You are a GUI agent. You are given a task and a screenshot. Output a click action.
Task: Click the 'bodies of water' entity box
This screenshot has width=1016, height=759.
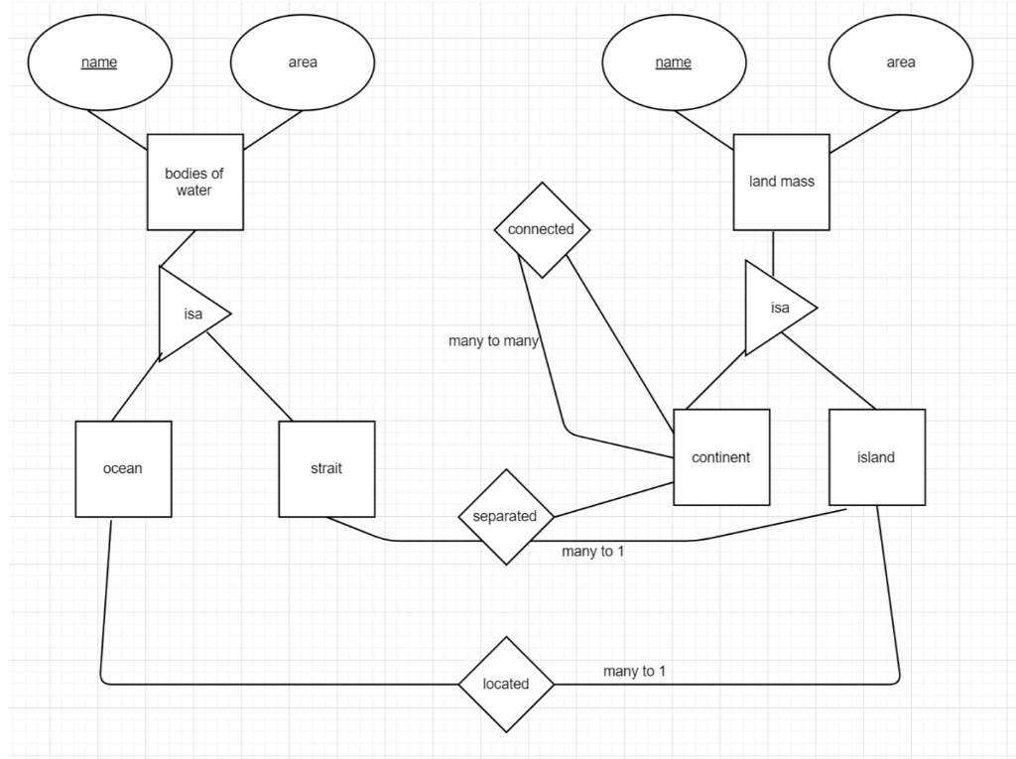(x=194, y=183)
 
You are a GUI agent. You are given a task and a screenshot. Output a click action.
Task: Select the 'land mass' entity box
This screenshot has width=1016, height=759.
(x=781, y=183)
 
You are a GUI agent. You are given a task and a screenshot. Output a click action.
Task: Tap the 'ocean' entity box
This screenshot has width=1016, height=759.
(x=123, y=468)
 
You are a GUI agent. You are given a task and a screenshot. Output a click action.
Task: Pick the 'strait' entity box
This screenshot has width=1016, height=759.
(x=326, y=468)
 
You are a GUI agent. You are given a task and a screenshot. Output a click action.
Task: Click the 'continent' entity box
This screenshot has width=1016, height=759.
(x=721, y=457)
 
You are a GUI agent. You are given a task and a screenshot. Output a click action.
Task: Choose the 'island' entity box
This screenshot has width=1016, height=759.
(x=876, y=457)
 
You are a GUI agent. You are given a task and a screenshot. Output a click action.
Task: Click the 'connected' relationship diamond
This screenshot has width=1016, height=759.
(x=541, y=229)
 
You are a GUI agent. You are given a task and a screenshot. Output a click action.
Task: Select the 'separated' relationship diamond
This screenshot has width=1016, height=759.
(x=505, y=516)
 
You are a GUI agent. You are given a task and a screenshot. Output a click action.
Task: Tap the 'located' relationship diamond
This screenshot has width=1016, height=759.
(x=505, y=684)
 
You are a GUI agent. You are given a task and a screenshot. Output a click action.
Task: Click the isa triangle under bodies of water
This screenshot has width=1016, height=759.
(x=190, y=314)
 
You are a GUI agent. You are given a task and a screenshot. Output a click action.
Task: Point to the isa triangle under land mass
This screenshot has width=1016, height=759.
(x=776, y=308)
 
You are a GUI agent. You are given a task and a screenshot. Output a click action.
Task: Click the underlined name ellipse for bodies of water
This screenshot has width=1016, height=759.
(x=99, y=63)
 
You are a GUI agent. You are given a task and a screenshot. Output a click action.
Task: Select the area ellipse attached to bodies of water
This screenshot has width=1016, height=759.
(x=303, y=63)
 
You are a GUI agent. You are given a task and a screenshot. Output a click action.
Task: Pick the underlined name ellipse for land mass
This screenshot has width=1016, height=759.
(x=674, y=63)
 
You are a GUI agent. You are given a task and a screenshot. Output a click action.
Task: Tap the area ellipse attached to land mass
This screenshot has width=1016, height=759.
(x=901, y=63)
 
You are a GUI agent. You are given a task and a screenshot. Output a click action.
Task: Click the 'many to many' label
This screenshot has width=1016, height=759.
(x=493, y=341)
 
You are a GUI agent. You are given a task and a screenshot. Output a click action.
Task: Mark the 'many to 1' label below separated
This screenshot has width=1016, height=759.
(x=592, y=552)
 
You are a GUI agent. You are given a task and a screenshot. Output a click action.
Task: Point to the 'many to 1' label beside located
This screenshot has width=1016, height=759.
(x=634, y=672)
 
